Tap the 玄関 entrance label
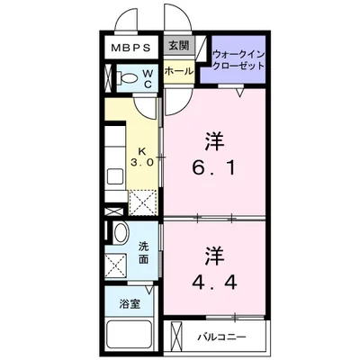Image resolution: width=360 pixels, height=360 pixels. tap(177, 45)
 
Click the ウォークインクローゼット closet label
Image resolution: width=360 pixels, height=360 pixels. tap(238, 60)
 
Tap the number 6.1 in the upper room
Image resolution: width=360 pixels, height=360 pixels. tap(213, 167)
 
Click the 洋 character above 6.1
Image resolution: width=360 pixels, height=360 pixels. tap(213, 140)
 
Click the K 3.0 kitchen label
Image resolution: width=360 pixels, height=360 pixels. tap(140, 158)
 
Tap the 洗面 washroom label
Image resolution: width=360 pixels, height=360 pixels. tap(144, 251)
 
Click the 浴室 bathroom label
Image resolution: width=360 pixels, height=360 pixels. tap(130, 305)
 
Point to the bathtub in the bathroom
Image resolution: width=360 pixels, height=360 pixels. tap(130, 337)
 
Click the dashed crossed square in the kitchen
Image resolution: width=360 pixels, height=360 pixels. tap(142, 201)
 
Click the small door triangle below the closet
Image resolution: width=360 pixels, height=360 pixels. tap(239, 92)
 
